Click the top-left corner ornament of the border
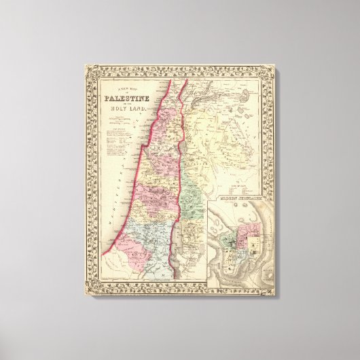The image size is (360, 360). (x=89, y=69)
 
